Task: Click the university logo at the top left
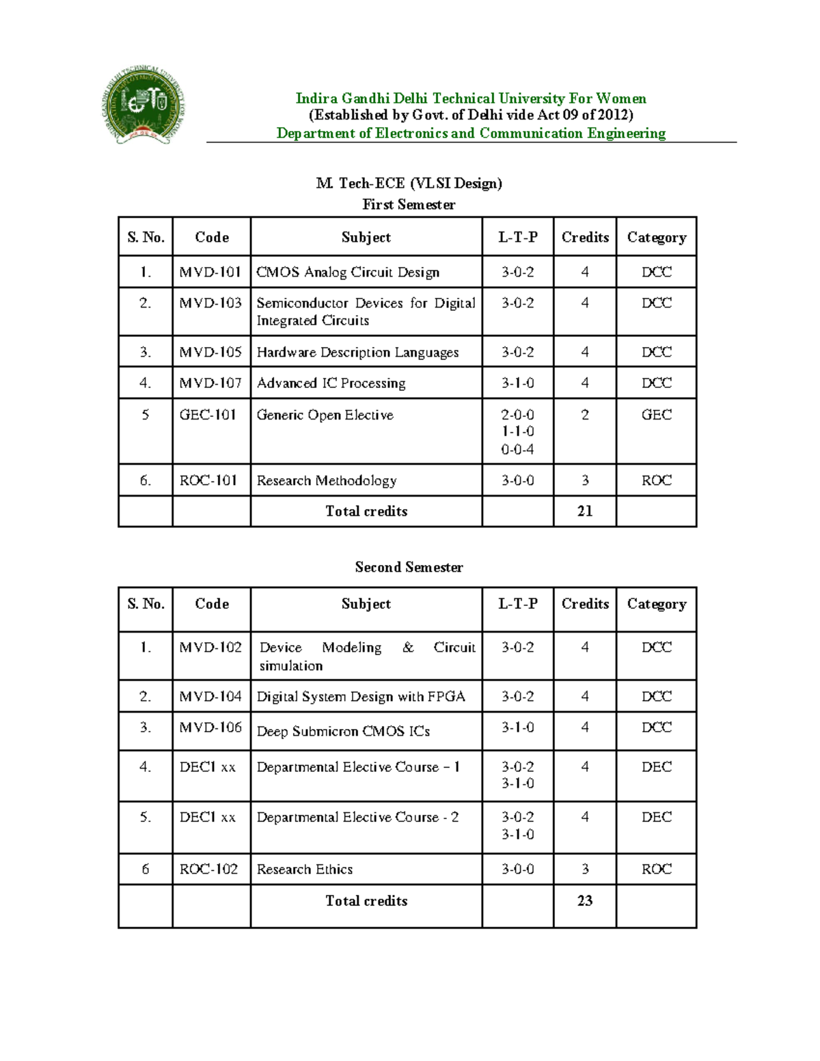pos(144,107)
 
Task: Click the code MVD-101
pos(210,272)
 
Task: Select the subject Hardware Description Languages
pos(357,353)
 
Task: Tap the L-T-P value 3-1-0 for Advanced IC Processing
pos(517,383)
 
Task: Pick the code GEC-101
pos(208,415)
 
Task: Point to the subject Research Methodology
pos(326,481)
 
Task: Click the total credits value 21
pos(584,511)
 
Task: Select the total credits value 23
pos(584,900)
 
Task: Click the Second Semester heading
pos(409,567)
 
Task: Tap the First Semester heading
pos(409,204)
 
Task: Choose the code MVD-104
pos(210,697)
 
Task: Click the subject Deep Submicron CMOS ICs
pos(343,731)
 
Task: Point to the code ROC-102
pos(208,869)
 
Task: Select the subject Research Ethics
pos(305,869)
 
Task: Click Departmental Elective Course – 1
pos(358,767)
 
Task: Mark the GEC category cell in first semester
pos(656,415)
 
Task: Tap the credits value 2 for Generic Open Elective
pos(584,415)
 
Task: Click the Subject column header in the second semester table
pos(366,604)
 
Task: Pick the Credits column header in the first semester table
pos(585,237)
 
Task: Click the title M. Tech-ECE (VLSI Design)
pos(409,183)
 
